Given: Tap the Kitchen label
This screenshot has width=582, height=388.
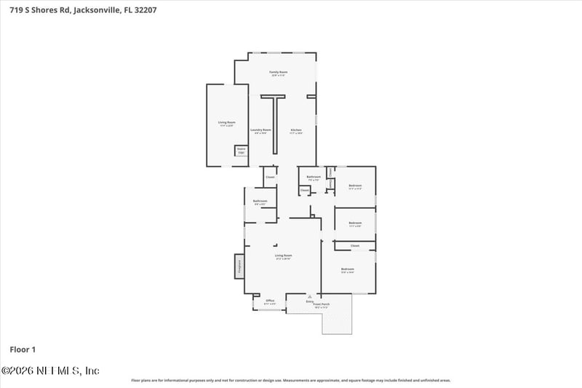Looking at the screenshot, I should point(296,130).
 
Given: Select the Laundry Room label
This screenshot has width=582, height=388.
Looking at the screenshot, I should point(260,130).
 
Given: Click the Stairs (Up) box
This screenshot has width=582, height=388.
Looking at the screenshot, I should point(240,151).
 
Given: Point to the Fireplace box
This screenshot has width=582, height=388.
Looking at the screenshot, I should point(238,266).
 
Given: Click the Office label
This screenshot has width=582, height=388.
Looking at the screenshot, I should point(269,301).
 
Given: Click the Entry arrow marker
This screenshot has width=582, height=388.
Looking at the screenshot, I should point(310,297).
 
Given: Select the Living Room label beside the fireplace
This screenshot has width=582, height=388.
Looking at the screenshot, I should point(283,256).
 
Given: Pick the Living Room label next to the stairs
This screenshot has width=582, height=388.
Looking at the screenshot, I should point(227,122).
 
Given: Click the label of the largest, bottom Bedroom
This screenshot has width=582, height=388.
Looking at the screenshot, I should point(347,270).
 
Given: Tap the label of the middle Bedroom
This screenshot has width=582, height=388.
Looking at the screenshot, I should point(355,223).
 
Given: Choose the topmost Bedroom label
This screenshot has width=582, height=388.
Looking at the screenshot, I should point(354,186).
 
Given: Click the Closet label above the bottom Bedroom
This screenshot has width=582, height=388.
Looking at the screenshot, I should point(355,245).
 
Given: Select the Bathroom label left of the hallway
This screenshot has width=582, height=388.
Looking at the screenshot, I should point(260,201).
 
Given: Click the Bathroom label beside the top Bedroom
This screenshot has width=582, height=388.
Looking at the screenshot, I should point(314,177).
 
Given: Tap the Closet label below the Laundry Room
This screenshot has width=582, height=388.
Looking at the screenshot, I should point(269,177).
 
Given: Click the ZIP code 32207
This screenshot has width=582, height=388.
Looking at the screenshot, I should point(144,10).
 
